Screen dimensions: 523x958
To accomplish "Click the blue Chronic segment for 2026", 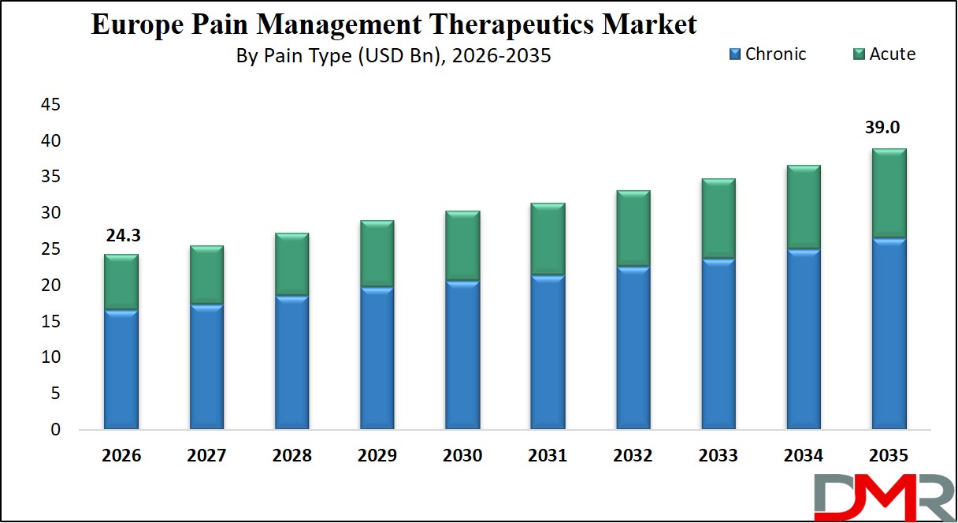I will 121,369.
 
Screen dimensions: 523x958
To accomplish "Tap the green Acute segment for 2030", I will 462,246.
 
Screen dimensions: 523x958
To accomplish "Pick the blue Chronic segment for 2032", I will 633,348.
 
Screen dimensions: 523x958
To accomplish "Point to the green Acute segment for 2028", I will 291,264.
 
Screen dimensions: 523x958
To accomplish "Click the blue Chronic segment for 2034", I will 804,339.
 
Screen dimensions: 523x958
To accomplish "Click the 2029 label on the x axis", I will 377,456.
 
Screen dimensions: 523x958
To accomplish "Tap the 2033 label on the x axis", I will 718,456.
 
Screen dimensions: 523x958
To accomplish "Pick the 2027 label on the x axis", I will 206,456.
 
